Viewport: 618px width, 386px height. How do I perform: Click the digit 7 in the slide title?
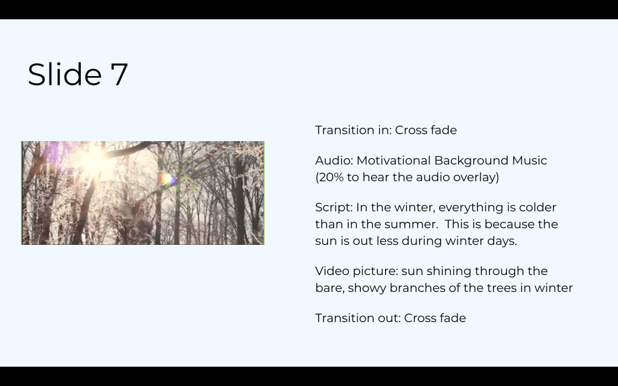[119, 74]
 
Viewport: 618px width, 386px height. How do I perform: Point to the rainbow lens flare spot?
[168, 179]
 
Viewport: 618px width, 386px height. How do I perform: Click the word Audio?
[334, 160]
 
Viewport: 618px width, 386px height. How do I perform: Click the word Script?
[334, 207]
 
